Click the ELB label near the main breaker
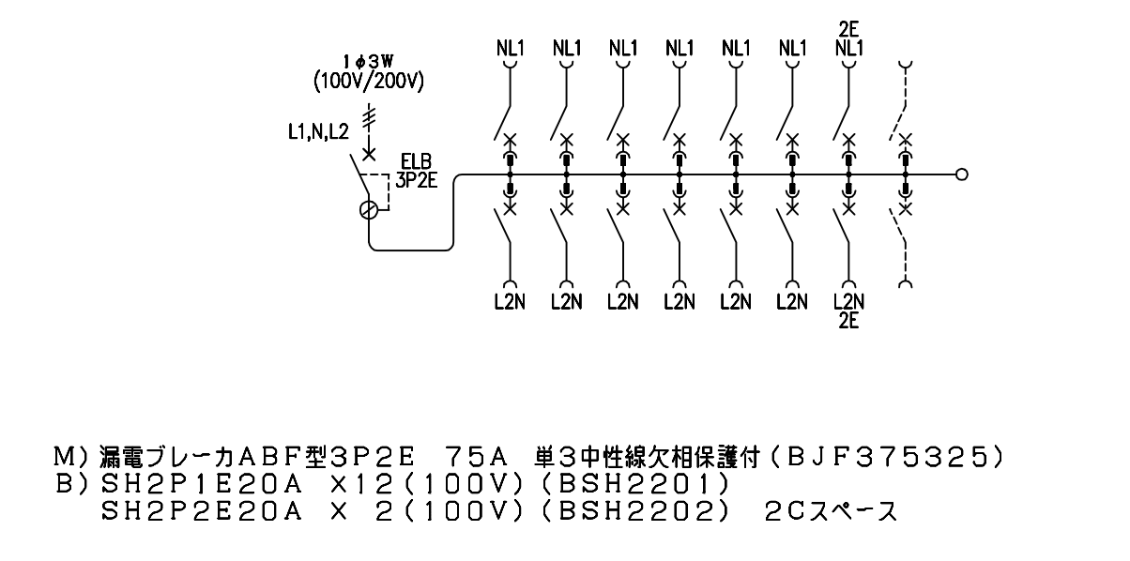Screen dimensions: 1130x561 tap(416, 161)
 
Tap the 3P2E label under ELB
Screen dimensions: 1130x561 tap(416, 180)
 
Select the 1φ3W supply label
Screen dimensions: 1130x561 tap(368, 62)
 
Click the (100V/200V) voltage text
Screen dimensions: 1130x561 tap(369, 82)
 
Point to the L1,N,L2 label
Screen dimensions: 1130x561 tap(318, 132)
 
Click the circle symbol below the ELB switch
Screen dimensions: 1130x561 tap(369, 210)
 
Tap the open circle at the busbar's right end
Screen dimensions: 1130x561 tap(961, 174)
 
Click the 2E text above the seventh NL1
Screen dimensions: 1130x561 tap(849, 29)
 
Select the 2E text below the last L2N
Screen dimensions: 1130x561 tap(849, 321)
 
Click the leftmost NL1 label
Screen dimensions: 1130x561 tap(511, 49)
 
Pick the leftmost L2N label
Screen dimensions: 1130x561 tap(510, 302)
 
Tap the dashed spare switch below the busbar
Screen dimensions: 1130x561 tap(899, 247)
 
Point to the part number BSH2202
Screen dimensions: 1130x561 tap(635, 512)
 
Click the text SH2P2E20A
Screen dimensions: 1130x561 tap(201, 512)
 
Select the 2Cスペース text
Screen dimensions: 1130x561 tap(832, 512)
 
